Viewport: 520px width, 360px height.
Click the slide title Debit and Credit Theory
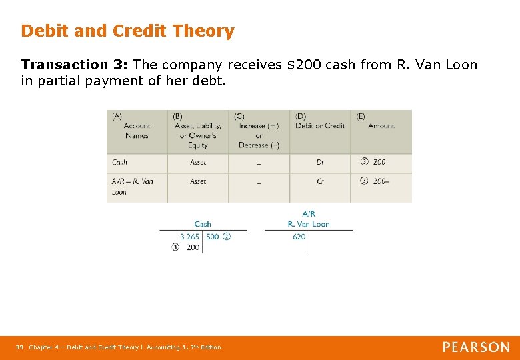point(127,31)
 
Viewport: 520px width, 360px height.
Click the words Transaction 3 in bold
point(74,65)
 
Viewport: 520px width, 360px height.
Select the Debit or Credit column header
point(320,125)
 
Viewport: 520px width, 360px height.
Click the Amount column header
point(381,125)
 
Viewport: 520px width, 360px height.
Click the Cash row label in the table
point(120,162)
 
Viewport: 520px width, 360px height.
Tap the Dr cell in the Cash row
point(321,162)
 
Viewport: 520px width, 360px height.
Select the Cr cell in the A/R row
point(321,181)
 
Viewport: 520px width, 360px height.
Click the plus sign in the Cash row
point(259,163)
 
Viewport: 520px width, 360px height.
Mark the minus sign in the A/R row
point(259,182)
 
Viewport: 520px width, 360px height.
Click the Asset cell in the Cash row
point(198,162)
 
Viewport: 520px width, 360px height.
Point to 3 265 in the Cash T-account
point(189,237)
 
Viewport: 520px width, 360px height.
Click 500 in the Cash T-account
point(213,237)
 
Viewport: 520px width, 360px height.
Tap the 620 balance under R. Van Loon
point(299,237)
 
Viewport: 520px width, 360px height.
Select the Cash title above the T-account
point(203,224)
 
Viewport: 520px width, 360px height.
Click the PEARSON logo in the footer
point(476,347)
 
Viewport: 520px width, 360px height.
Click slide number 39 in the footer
point(19,347)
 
